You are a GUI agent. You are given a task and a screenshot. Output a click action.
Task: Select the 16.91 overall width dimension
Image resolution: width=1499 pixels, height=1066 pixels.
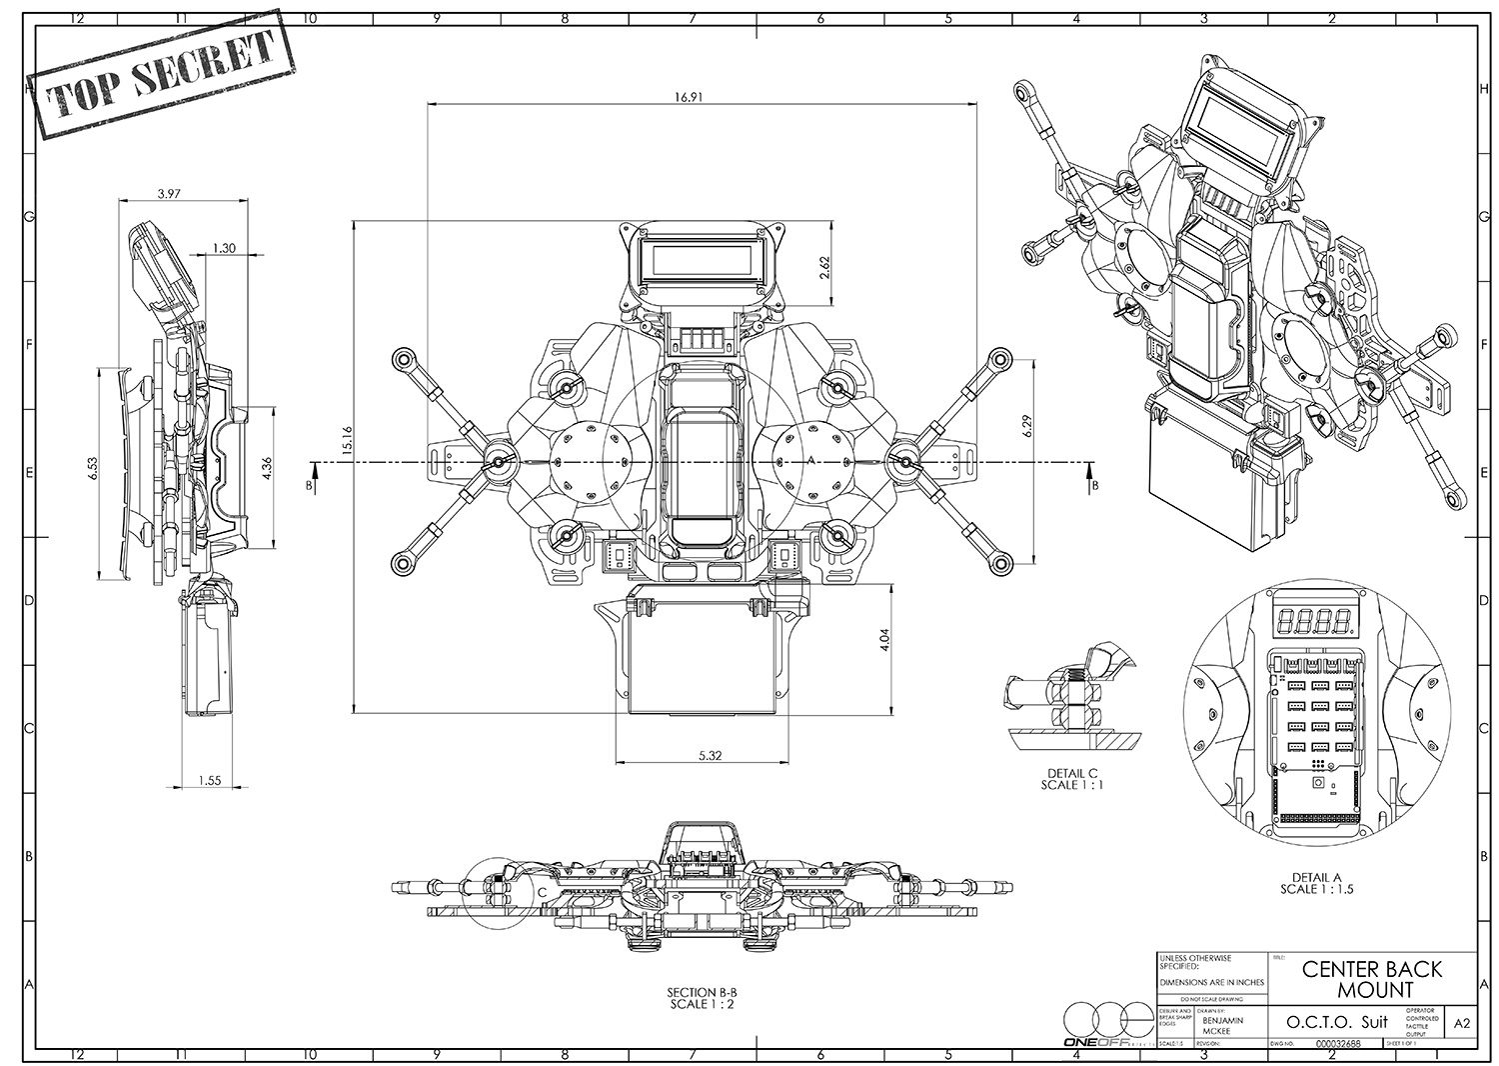click(x=687, y=97)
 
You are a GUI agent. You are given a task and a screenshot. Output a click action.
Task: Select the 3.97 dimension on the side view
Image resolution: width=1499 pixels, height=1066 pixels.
click(x=168, y=194)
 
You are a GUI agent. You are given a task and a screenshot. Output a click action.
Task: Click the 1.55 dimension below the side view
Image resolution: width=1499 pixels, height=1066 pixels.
click(x=209, y=781)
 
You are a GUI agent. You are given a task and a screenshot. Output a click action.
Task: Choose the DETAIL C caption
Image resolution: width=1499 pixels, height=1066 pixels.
click(x=1072, y=779)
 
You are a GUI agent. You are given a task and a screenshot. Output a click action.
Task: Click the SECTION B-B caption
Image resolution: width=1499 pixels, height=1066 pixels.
click(x=702, y=998)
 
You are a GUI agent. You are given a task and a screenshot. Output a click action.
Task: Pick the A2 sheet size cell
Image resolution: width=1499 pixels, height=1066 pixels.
click(x=1463, y=1023)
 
